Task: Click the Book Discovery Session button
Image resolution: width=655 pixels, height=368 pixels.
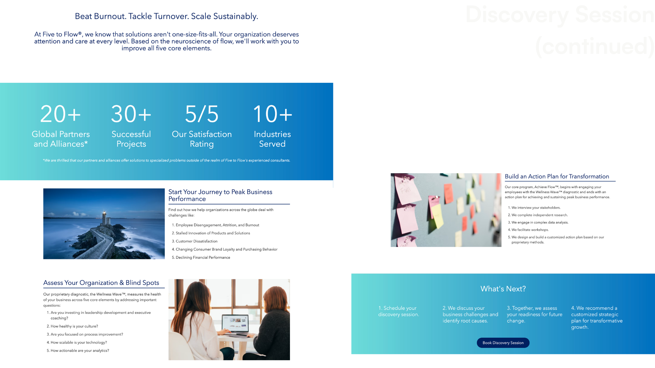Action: (503, 343)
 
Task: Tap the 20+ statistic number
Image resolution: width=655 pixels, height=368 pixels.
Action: (60, 114)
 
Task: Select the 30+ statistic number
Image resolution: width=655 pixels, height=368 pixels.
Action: (131, 114)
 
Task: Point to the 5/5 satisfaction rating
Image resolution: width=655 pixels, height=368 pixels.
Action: (202, 114)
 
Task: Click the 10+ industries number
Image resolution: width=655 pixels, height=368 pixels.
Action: (272, 114)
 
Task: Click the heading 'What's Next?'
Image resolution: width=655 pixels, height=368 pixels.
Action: (503, 289)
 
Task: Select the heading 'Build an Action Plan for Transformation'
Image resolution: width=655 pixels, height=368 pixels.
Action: (557, 177)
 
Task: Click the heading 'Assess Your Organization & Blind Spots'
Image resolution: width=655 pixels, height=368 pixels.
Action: (101, 283)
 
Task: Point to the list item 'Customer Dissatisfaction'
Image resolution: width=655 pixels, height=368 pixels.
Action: (196, 241)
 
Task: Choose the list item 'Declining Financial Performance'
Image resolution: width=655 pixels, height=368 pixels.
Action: (203, 258)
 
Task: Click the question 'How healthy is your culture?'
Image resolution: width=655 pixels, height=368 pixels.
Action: (74, 326)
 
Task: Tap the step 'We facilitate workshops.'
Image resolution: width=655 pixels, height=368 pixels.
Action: (530, 230)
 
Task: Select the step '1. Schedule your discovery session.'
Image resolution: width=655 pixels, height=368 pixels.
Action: (398, 311)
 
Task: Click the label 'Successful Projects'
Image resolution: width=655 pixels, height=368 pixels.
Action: (131, 139)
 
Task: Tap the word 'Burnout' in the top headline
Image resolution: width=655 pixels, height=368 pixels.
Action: (110, 16)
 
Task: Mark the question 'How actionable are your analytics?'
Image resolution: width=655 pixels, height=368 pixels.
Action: (80, 351)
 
